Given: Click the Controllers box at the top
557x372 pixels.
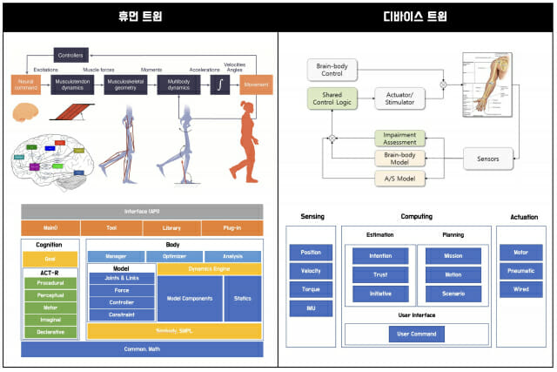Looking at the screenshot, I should tap(70, 55).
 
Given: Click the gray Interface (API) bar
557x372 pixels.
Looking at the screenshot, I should tap(141, 212).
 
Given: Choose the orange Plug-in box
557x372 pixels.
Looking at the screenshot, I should tap(232, 228).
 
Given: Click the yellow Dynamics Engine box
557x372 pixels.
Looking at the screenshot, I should tap(209, 270).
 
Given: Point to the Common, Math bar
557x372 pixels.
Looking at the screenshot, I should tap(141, 349).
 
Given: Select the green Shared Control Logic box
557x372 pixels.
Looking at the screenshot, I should tap(332, 98).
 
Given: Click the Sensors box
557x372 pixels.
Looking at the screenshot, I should tap(487, 159).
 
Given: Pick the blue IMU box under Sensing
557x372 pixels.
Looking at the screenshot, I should tap(311, 308).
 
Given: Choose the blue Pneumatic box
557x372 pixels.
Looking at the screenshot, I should tap(520, 270).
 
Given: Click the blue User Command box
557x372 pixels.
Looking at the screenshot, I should tap(417, 334).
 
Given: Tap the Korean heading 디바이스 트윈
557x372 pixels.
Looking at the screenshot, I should tap(417, 17).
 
